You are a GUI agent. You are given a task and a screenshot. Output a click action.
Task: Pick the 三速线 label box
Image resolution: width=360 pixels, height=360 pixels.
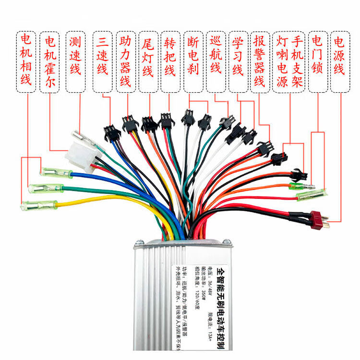(102, 61)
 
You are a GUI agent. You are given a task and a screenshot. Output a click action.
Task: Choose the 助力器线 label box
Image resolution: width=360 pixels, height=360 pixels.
(126, 61)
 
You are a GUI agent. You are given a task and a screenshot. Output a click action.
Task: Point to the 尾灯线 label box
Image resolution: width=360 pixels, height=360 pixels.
(148, 61)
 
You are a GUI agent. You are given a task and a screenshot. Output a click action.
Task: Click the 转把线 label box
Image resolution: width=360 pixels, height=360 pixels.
(170, 61)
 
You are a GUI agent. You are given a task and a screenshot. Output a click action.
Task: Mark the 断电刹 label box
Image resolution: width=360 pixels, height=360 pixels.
(193, 61)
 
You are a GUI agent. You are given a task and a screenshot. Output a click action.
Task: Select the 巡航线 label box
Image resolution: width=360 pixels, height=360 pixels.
(216, 61)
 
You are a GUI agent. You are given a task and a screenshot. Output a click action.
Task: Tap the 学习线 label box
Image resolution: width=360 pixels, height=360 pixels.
(239, 61)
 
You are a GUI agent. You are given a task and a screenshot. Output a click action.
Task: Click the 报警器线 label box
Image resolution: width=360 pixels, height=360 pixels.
(260, 61)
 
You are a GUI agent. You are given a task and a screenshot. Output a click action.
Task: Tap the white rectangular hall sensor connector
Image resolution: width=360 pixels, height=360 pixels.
(80, 154)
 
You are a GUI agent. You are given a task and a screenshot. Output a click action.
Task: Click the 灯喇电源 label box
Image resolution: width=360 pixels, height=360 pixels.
(282, 61)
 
